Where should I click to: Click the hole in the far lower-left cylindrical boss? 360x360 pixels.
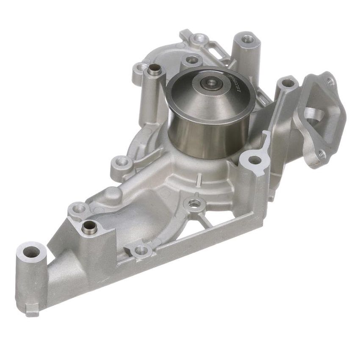click(x=31, y=252)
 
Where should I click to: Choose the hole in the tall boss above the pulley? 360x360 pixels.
click(x=248, y=39)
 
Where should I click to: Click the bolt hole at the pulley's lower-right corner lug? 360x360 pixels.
click(x=254, y=160)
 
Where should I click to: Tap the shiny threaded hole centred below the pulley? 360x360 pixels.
click(x=194, y=204)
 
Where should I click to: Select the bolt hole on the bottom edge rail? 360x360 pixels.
click(x=141, y=250)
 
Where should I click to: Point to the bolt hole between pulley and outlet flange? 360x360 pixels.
click(x=288, y=83)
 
